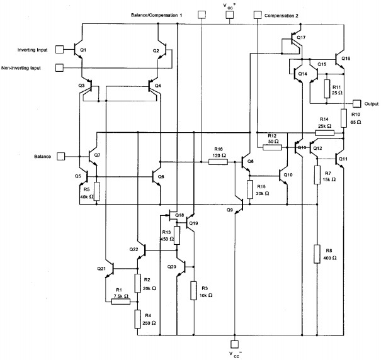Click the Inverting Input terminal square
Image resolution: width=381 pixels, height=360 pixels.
click(x=60, y=50)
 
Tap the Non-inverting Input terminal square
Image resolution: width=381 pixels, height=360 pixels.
click(x=60, y=67)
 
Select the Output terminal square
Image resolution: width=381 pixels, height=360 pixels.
click(x=357, y=104)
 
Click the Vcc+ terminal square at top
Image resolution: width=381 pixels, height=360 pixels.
click(x=230, y=15)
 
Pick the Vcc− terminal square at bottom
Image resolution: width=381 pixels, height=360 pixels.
click(x=234, y=344)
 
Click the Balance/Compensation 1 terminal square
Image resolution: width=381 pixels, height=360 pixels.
click(x=202, y=15)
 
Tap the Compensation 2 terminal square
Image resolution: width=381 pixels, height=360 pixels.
click(x=258, y=15)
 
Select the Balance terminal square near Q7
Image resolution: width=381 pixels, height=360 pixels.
click(x=61, y=156)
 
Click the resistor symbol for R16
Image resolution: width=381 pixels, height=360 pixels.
click(x=218, y=162)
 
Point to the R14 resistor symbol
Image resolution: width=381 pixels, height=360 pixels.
click(x=324, y=133)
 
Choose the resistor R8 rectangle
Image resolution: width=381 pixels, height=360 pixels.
click(x=317, y=254)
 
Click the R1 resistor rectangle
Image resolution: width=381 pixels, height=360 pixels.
click(x=121, y=301)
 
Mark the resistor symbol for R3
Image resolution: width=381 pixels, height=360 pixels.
click(x=193, y=291)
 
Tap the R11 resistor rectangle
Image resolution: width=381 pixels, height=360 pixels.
click(x=327, y=89)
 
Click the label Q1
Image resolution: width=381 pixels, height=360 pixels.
click(x=83, y=50)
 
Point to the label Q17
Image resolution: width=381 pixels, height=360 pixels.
click(x=301, y=38)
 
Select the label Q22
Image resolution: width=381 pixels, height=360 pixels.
click(x=134, y=249)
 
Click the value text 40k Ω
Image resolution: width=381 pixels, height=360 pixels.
click(x=87, y=197)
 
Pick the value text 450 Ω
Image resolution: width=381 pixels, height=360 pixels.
click(x=167, y=239)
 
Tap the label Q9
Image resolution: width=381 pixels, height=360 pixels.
click(x=230, y=210)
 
